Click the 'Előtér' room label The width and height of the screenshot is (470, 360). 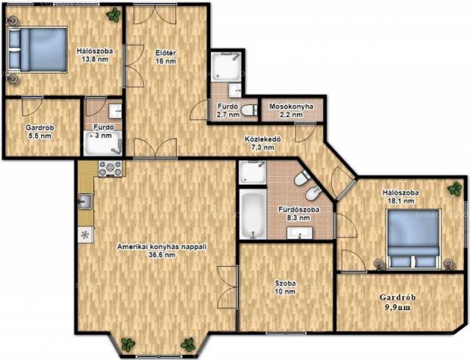tap(165, 53)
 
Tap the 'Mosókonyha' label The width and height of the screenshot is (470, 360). tap(291, 107)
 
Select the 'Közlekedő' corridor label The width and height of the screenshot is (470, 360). tap(263, 139)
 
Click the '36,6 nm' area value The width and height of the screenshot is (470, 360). tap(162, 255)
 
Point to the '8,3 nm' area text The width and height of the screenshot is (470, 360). tap(298, 218)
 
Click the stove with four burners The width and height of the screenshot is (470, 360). tap(110, 168)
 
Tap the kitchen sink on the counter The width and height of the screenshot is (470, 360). tap(85, 201)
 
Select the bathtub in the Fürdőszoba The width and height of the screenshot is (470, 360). tap(253, 214)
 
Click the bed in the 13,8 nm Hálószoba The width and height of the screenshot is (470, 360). tap(37, 50)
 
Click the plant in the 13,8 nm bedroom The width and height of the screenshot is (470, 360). tap(115, 15)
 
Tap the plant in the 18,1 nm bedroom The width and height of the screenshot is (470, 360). tap(455, 189)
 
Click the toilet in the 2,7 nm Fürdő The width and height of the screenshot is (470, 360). tap(249, 110)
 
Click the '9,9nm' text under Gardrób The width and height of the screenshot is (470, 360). tap(397, 308)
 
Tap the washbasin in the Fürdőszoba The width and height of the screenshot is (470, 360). tap(300, 233)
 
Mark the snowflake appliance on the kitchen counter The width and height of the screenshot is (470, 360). tap(85, 235)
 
